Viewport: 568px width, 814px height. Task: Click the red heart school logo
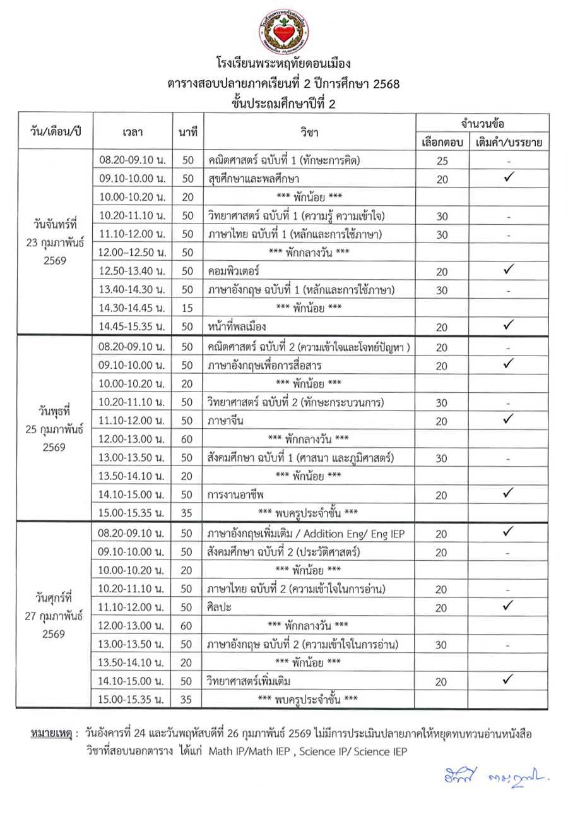(x=283, y=32)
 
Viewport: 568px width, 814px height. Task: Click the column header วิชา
(x=310, y=132)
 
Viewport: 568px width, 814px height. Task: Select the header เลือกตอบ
(x=442, y=141)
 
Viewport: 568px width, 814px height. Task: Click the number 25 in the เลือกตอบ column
(x=442, y=160)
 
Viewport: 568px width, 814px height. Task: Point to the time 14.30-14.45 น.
(x=133, y=308)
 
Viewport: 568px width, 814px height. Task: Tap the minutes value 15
(x=187, y=308)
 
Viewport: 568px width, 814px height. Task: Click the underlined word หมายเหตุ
(x=50, y=734)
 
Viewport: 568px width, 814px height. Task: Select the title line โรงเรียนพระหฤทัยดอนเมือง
(x=283, y=64)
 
